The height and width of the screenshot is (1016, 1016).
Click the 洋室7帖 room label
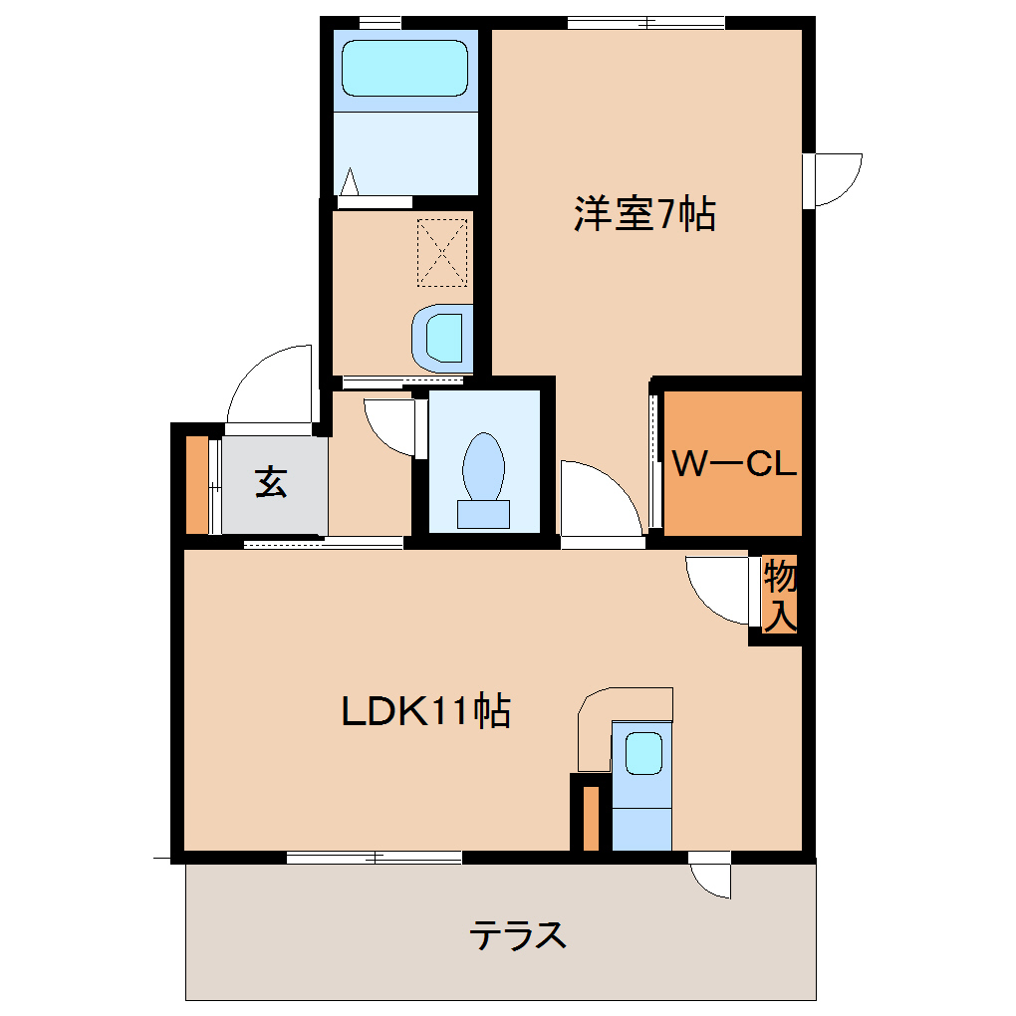(x=644, y=214)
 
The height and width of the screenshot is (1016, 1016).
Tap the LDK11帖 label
(x=425, y=710)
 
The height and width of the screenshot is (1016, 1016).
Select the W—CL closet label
(x=734, y=464)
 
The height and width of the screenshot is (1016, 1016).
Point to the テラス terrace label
(x=518, y=935)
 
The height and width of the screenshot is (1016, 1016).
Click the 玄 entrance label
(x=272, y=483)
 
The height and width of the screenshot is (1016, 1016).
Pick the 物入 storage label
(x=780, y=596)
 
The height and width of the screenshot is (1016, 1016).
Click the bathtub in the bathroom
(x=404, y=69)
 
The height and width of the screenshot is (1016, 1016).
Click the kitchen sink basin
(x=643, y=752)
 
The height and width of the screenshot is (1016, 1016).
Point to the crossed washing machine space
(x=441, y=250)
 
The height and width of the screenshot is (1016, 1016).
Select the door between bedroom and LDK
(x=598, y=503)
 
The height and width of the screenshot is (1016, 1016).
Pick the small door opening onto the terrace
(x=711, y=874)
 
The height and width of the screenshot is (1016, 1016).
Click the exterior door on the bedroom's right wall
(x=835, y=179)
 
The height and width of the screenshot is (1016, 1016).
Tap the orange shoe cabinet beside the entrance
(x=197, y=484)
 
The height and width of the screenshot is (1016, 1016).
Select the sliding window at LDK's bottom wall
(x=375, y=857)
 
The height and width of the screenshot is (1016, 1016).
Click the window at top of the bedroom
(x=645, y=23)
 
